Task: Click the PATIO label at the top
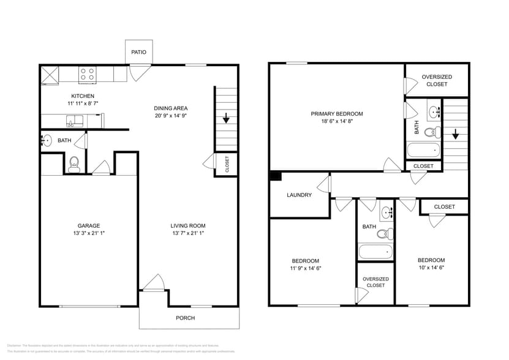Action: [138, 52]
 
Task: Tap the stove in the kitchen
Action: [88, 74]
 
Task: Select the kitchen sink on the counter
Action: [77, 121]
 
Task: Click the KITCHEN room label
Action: [83, 96]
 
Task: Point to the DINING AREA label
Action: [170, 108]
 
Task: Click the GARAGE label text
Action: [88, 225]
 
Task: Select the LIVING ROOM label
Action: [187, 225]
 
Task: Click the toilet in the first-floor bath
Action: [74, 163]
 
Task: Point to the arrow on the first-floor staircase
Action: [226, 118]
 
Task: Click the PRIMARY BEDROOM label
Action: [336, 114]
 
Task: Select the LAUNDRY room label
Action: [299, 195]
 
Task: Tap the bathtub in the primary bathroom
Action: [423, 150]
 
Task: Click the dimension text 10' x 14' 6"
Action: [431, 268]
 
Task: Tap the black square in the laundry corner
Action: [275, 176]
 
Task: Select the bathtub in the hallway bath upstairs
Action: [374, 252]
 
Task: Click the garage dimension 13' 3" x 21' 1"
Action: [88, 233]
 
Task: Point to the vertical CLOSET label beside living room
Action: [227, 164]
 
